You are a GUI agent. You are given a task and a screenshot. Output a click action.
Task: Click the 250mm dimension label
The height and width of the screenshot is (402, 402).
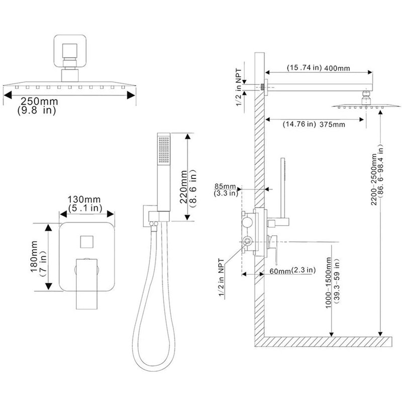click(39, 101)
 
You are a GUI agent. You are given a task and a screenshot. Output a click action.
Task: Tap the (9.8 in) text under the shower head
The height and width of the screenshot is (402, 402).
click(37, 110)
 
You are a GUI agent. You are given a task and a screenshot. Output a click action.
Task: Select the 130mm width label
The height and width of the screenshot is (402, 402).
click(84, 199)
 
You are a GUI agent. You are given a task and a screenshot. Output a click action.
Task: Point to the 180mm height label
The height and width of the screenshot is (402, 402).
click(34, 256)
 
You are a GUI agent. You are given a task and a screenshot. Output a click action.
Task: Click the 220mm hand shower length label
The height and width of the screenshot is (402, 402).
click(183, 186)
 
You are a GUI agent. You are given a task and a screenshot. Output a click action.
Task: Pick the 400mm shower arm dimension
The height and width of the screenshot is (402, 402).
click(337, 68)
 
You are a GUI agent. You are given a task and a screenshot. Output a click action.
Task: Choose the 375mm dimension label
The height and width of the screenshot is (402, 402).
click(332, 125)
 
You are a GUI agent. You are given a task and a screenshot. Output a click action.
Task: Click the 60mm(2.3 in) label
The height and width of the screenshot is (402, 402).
click(292, 270)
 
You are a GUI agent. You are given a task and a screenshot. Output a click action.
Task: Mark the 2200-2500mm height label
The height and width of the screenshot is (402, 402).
click(374, 179)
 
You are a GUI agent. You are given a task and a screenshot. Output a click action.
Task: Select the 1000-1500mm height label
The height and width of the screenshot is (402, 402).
click(329, 283)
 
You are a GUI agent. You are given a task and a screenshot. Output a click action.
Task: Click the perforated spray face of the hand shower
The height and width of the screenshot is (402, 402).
click(164, 150)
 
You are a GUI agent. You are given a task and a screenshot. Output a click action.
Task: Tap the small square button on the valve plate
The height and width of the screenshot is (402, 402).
click(86, 242)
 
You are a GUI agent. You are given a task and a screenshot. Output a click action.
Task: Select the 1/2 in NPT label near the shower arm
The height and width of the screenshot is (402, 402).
click(239, 87)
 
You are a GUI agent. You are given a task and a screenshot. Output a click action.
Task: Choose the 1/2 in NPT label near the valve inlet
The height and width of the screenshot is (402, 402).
click(221, 278)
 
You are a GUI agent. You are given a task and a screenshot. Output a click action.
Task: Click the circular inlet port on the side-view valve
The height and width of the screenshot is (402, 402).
click(247, 241)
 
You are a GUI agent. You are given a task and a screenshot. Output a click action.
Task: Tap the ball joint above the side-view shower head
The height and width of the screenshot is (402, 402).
click(366, 98)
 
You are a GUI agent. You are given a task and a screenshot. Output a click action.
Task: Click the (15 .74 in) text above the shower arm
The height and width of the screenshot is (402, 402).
click(304, 68)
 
